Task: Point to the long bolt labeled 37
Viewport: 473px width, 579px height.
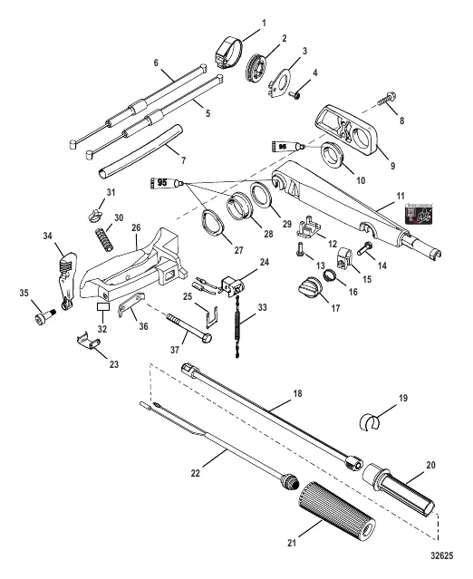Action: tap(189, 326)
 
